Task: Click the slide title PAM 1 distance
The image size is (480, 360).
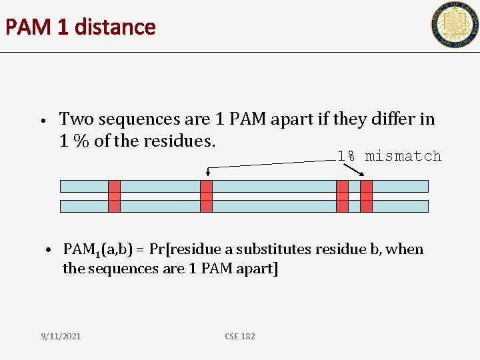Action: pos(80,27)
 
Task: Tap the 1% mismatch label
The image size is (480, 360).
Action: pos(389,156)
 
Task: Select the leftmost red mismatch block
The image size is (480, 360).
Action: pos(114,196)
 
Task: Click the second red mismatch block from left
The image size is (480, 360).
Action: pos(206,196)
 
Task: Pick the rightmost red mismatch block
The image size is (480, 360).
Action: pos(366,196)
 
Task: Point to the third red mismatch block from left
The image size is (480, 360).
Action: pos(342,196)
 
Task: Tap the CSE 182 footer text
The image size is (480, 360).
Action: pos(239,336)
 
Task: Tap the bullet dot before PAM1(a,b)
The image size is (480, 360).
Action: pos(49,251)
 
